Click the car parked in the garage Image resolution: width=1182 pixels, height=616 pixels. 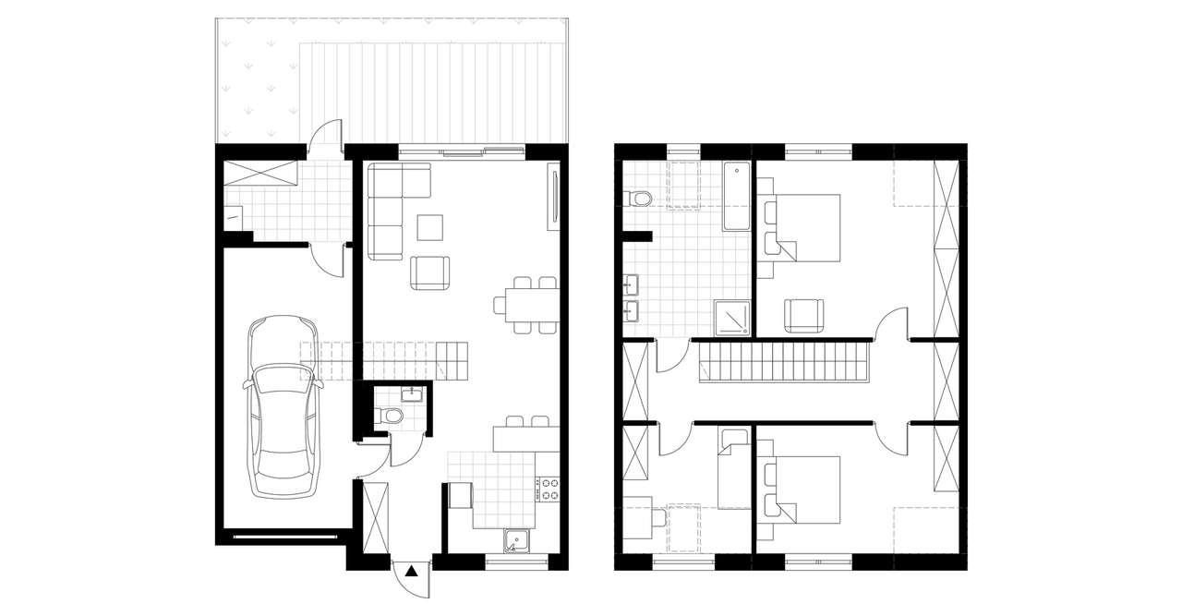coord(282,406)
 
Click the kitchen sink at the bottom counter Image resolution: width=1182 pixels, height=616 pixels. coord(516,542)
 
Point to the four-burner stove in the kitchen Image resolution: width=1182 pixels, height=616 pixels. coord(549,489)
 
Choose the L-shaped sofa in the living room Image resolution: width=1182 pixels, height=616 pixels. coord(388,208)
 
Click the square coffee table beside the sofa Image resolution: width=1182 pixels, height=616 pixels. coord(429,227)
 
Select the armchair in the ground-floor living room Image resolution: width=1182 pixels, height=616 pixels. coord(431,272)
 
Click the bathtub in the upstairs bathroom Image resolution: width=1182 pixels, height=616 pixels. coord(736,196)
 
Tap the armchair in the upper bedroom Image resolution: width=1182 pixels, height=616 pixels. coord(804,315)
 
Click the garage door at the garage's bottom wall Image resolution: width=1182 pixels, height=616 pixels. coord(286,535)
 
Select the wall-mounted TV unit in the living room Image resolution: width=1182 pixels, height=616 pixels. coord(554,197)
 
